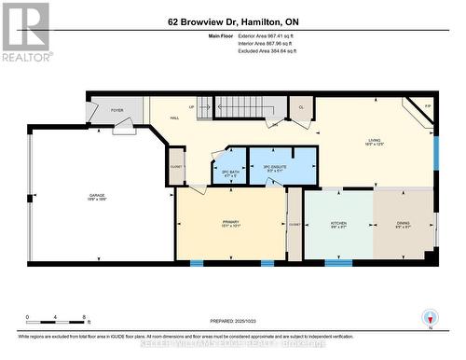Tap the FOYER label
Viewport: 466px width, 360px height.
117,110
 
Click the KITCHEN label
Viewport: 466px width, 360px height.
339,224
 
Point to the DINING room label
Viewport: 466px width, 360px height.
404,224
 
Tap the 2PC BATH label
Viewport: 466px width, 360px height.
229,172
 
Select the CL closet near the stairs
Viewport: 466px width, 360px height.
302,108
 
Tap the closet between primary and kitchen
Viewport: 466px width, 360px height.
295,224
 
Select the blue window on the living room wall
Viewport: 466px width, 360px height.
435,151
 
